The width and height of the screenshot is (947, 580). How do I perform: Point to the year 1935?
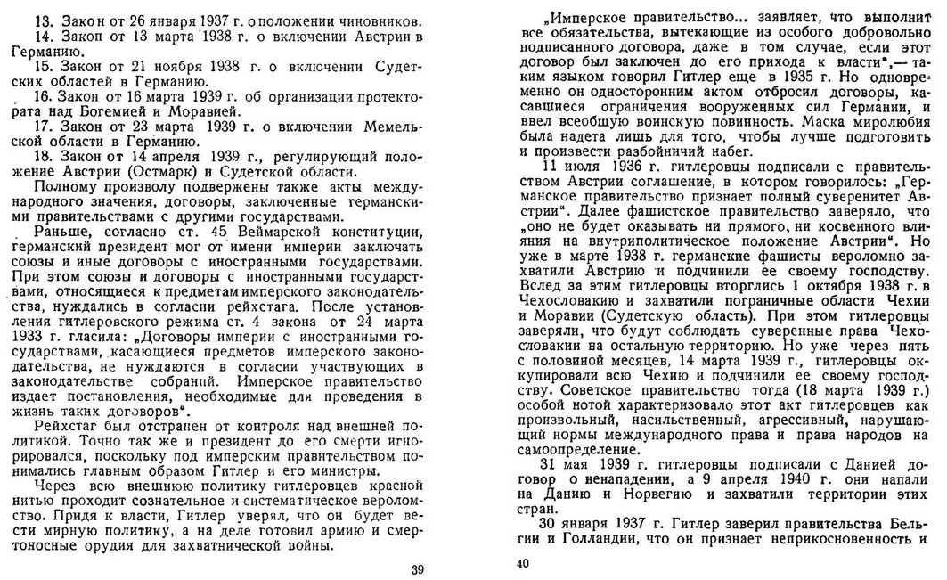click(781, 78)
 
